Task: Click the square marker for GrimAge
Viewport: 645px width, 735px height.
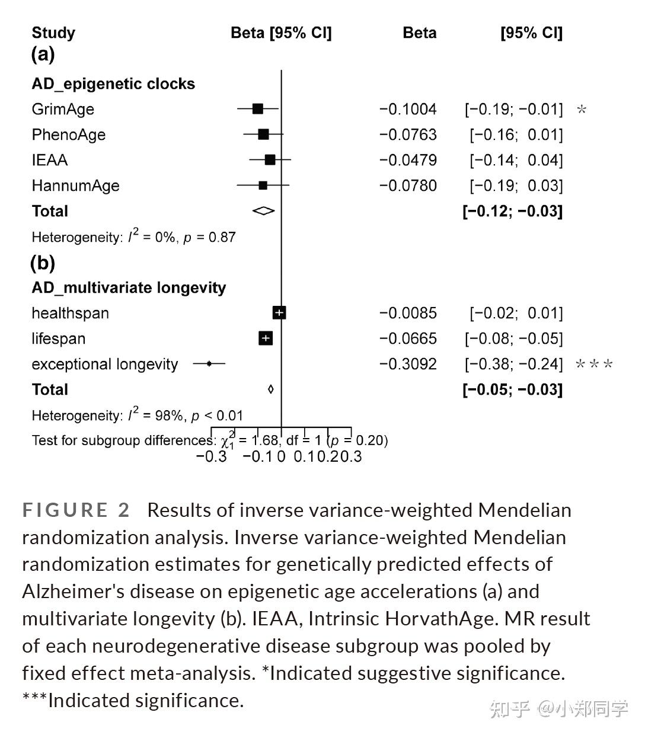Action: (257, 108)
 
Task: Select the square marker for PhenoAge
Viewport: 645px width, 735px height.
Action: (263, 135)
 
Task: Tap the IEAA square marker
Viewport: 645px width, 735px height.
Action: (270, 159)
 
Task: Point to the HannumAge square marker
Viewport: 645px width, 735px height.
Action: (263, 186)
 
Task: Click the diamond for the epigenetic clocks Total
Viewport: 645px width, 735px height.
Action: (263, 210)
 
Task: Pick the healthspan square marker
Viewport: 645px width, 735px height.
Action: (279, 313)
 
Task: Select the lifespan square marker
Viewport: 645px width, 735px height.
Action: (266, 338)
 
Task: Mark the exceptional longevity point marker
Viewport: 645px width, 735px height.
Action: (209, 363)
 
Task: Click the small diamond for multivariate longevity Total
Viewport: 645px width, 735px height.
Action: (271, 389)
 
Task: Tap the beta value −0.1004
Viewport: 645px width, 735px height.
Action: (408, 109)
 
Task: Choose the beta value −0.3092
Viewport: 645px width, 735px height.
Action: (408, 364)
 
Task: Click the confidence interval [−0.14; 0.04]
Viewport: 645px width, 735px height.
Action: (516, 160)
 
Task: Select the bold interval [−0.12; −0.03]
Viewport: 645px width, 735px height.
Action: (512, 211)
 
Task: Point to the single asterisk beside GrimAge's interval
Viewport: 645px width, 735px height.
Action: (582, 110)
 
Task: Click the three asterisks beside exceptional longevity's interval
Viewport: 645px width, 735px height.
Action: (594, 365)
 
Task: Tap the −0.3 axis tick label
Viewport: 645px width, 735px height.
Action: (212, 456)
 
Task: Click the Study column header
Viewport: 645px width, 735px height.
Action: (53, 33)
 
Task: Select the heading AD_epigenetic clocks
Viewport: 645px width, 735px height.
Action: (113, 84)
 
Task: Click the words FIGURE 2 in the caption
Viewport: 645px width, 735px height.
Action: (76, 510)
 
